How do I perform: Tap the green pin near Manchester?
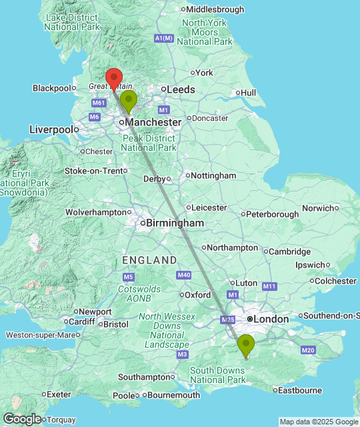(x=128, y=101)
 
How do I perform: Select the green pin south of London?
(x=247, y=346)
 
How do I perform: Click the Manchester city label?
(x=153, y=123)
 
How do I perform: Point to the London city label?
(x=271, y=320)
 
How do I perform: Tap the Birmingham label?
(x=175, y=223)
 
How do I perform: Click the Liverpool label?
(x=51, y=129)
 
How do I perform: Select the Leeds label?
(x=181, y=89)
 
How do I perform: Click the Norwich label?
(x=317, y=208)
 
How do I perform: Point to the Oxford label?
(x=198, y=295)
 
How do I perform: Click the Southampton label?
(x=145, y=377)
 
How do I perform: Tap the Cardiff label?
(x=82, y=321)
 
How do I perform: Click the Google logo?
(x=21, y=418)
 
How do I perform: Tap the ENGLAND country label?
(x=149, y=260)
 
